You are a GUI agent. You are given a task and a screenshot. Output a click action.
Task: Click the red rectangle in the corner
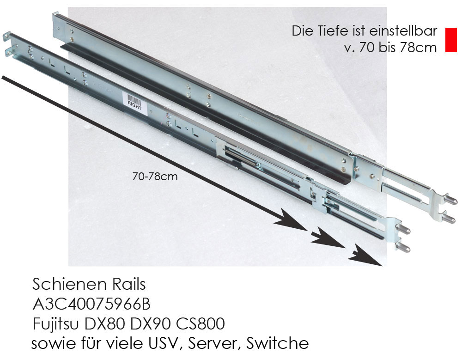[451, 40]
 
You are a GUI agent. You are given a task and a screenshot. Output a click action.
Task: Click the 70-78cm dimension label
[155, 177]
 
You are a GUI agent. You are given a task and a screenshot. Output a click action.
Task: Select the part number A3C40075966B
[91, 304]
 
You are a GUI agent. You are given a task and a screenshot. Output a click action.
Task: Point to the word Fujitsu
[56, 324]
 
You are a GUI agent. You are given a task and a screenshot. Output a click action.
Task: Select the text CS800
[201, 324]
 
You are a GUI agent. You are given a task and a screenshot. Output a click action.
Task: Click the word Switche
[278, 343]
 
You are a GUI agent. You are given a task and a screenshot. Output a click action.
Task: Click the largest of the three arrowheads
[291, 219]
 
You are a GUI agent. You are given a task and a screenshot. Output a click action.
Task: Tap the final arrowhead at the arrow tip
[365, 255]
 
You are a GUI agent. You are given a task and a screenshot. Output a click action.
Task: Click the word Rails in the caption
[129, 284]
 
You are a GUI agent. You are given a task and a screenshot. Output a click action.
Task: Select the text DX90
[150, 324]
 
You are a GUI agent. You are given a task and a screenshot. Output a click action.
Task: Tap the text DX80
[104, 324]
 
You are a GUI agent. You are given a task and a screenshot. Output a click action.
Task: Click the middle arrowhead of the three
[328, 238]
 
